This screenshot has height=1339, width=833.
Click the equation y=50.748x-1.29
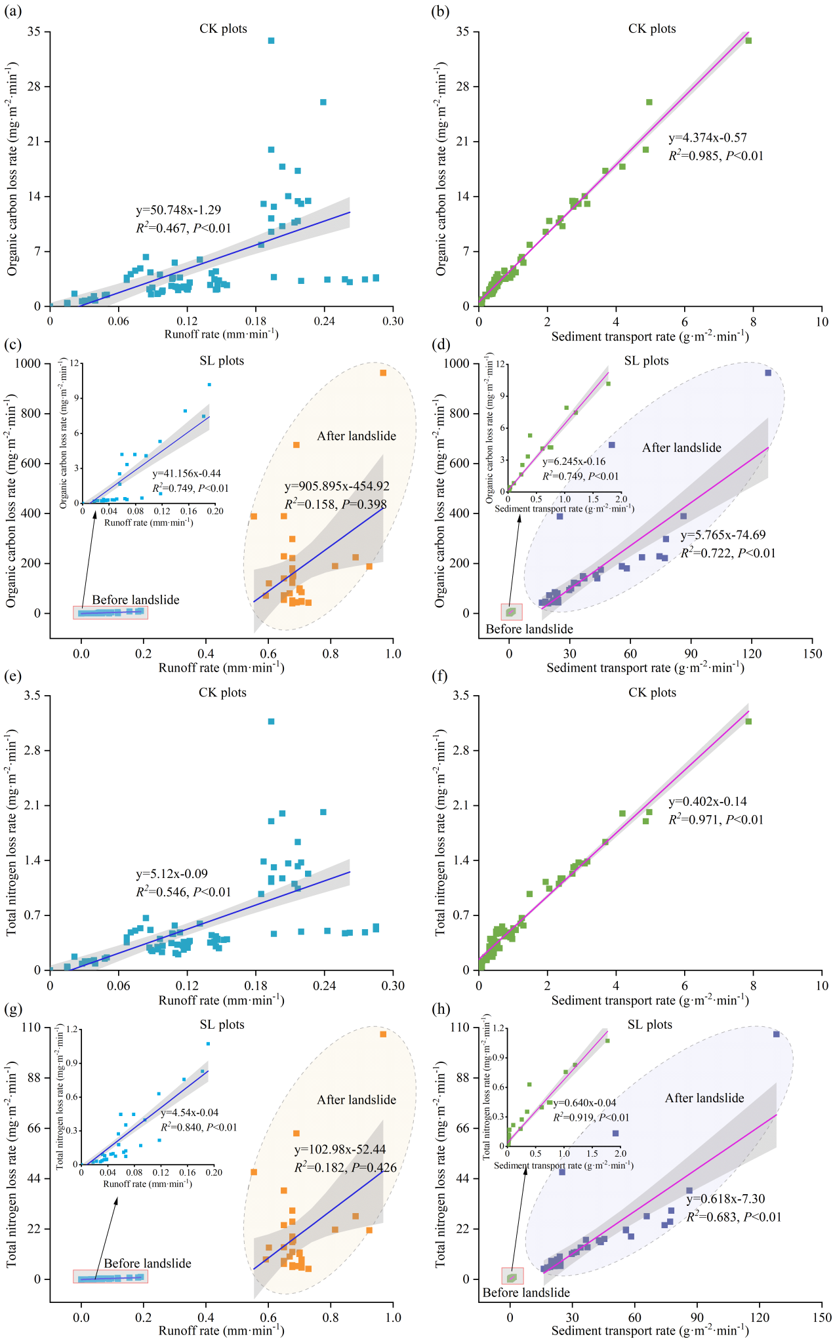pos(178,210)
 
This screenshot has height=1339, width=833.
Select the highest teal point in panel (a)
pos(271,41)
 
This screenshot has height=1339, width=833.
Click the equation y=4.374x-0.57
pos(707,138)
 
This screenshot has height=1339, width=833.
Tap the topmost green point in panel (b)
pos(748,41)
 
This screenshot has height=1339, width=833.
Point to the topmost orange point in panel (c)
pos(383,373)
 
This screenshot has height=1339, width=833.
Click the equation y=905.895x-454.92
pos(336,487)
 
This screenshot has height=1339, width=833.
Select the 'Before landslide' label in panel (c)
pos(135,599)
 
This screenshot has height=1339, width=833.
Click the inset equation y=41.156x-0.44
pos(186,473)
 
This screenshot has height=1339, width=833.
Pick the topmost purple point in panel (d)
pos(768,373)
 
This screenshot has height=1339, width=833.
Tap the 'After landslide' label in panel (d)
pos(681,448)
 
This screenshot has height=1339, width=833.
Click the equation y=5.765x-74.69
pos(723,535)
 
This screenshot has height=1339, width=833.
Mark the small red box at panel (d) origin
pos(512,612)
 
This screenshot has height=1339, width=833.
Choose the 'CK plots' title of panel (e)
pos(222,692)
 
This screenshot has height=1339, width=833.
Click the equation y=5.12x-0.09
pos(172,874)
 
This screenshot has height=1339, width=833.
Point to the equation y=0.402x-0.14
pos(707,801)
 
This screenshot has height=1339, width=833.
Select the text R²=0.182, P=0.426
pos(345,1168)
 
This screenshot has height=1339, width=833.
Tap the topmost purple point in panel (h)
pos(777,1034)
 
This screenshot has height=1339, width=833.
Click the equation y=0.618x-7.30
pos(725,1199)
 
